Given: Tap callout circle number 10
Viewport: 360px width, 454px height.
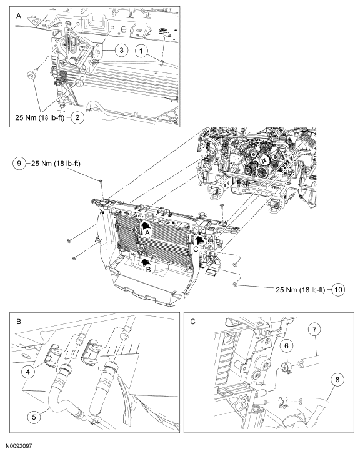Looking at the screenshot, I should [339, 290].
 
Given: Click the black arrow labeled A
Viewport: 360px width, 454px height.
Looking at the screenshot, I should [146, 227].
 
